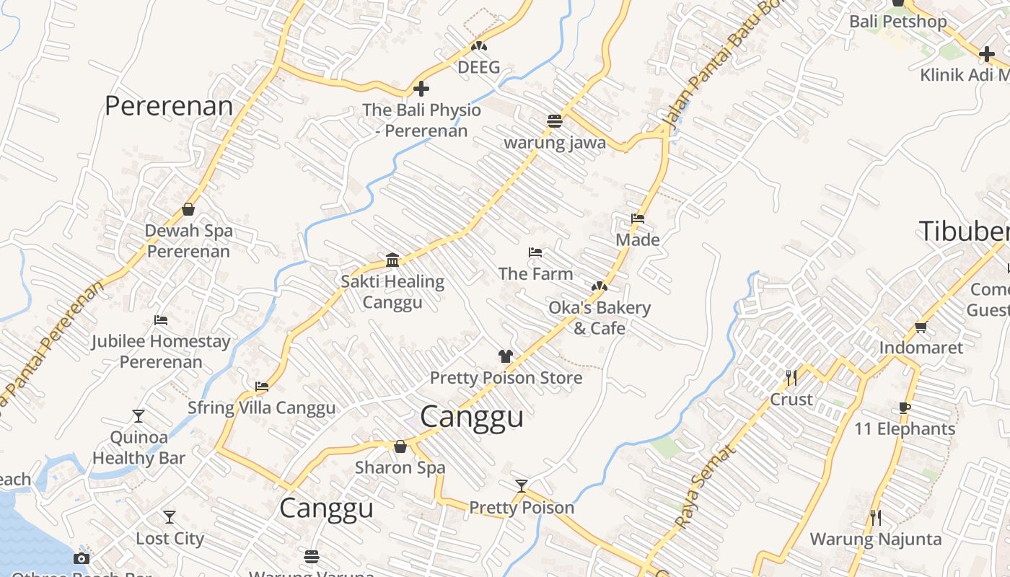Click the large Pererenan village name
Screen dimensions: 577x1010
point(169,106)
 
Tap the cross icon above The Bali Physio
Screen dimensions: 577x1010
point(421,89)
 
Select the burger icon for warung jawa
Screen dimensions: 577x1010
point(554,120)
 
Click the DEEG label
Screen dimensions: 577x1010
point(478,67)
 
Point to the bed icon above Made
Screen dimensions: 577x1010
point(637,218)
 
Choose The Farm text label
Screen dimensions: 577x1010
point(535,273)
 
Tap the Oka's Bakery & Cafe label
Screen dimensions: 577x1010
point(599,317)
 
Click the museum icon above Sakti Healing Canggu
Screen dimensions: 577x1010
point(392,260)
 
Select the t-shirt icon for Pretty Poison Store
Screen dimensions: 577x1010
point(506,356)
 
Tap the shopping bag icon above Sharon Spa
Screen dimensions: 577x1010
point(400,446)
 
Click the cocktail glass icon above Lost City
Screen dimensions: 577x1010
point(170,516)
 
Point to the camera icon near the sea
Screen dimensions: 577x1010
point(82,558)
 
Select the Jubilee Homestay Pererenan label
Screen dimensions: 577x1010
point(161,351)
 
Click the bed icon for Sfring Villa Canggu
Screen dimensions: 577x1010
point(262,387)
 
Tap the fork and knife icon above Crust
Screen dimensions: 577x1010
point(791,377)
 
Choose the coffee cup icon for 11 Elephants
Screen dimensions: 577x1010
point(905,408)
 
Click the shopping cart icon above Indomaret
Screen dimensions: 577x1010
point(921,327)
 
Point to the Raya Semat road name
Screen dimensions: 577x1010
point(705,487)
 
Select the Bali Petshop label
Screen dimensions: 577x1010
point(897,22)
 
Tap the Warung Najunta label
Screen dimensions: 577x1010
point(875,539)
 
